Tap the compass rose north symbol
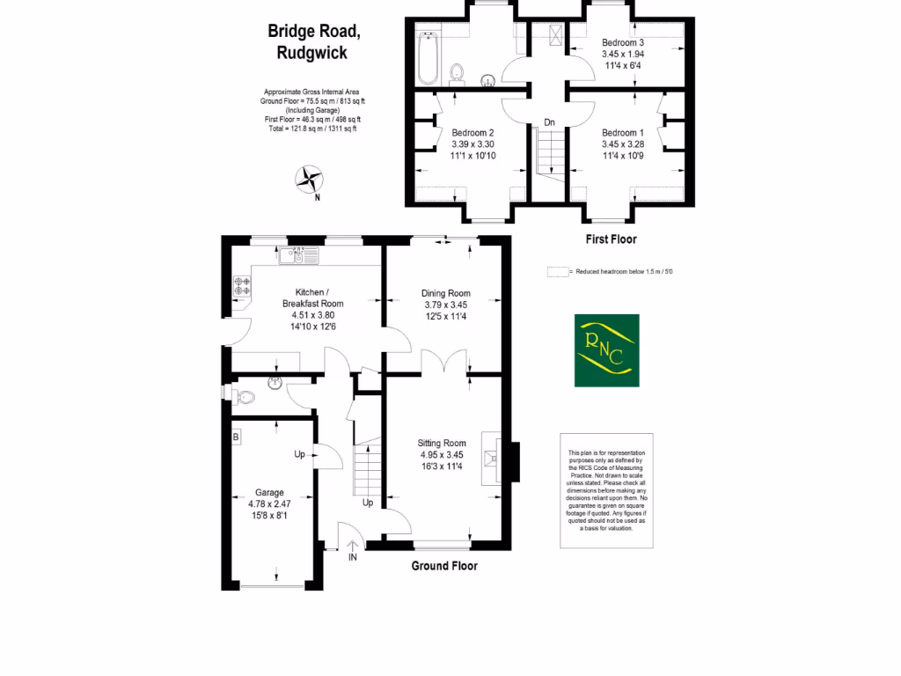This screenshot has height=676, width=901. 310,180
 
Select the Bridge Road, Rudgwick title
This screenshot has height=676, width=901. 313,41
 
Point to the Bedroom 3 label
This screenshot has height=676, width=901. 623,42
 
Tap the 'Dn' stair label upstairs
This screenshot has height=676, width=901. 549,121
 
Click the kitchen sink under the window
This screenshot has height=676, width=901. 292,256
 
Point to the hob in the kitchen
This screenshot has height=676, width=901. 242,286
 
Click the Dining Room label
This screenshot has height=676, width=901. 446,293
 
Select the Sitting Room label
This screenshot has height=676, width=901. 443,443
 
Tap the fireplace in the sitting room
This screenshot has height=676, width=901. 494,460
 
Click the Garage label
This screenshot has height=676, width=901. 270,492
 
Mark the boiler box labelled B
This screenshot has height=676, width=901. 236,437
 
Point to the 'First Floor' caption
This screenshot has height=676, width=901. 611,239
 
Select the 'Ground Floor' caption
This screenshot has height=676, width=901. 444,566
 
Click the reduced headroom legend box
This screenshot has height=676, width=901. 557,272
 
